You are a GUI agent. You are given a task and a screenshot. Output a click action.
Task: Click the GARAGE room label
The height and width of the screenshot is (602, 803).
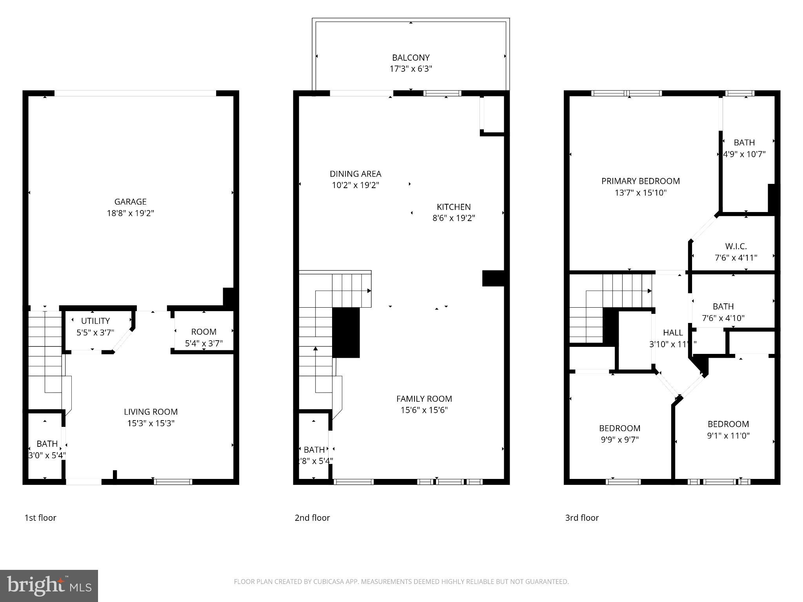(x=130, y=202)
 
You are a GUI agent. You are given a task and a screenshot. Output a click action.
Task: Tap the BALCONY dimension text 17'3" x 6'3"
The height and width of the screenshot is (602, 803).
(x=411, y=69)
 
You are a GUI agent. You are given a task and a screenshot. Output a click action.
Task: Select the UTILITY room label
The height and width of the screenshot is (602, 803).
(x=95, y=321)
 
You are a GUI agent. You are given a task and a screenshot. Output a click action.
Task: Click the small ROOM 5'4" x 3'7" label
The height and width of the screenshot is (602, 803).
(x=203, y=332)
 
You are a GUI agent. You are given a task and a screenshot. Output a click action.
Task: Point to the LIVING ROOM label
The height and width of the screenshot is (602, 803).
(x=151, y=412)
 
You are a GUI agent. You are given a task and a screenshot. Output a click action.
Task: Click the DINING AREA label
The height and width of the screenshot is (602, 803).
(x=355, y=174)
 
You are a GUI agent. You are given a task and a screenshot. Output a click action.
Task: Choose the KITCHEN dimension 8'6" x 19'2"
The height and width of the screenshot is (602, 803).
(x=454, y=218)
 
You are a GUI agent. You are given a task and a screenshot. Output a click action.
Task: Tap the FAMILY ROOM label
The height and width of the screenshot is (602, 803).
(x=424, y=399)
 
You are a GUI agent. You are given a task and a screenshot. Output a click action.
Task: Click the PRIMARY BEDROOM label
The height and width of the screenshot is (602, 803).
(x=640, y=181)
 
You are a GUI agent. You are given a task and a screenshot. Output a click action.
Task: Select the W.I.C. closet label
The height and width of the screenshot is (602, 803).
(x=736, y=247)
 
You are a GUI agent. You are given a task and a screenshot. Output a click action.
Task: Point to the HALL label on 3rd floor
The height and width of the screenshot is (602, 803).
(x=673, y=333)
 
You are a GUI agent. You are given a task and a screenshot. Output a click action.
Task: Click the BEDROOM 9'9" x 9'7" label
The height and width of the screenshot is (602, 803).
(x=620, y=428)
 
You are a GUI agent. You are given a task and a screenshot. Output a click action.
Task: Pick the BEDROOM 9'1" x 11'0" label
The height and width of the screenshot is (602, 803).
(x=728, y=424)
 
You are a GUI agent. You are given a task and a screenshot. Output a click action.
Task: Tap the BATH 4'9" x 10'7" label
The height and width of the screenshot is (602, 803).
(x=744, y=143)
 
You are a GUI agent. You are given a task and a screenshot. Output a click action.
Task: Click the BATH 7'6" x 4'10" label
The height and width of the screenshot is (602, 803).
(x=723, y=306)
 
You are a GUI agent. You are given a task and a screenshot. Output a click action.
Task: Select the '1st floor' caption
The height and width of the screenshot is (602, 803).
(x=40, y=518)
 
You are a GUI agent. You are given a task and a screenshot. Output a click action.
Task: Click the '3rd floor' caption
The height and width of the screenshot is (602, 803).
(x=582, y=518)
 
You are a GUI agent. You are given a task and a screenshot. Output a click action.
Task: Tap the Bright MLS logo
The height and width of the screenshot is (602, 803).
(x=49, y=586)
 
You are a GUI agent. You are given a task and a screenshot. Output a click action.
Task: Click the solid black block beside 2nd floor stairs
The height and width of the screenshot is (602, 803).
(x=346, y=332)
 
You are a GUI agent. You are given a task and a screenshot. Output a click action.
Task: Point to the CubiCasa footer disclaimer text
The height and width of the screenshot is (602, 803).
(x=401, y=582)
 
